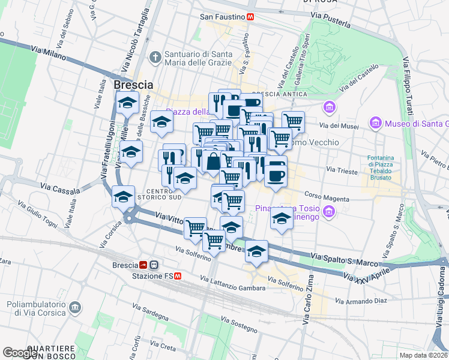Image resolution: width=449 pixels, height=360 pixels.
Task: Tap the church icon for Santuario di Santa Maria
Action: pos(155,58)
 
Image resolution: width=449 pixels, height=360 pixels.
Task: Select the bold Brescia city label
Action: pos(133,85)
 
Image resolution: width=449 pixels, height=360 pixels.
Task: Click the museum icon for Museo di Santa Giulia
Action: pos(376,123)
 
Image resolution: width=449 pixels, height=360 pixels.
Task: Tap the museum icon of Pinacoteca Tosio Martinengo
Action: pos(328,212)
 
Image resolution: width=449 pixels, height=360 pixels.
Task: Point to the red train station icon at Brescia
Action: pos(144,265)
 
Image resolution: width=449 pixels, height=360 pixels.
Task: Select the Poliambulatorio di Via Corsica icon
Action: pos(76,308)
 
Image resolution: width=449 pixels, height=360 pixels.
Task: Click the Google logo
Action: pos(20,353)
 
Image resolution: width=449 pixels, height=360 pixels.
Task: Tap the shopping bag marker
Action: pos(214,161)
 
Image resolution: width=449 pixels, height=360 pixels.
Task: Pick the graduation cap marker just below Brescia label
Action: pos(127,103)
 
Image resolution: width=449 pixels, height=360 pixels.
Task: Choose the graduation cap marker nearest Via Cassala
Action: pos(123,196)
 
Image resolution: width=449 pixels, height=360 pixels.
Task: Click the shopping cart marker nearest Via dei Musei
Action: pos(293,121)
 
